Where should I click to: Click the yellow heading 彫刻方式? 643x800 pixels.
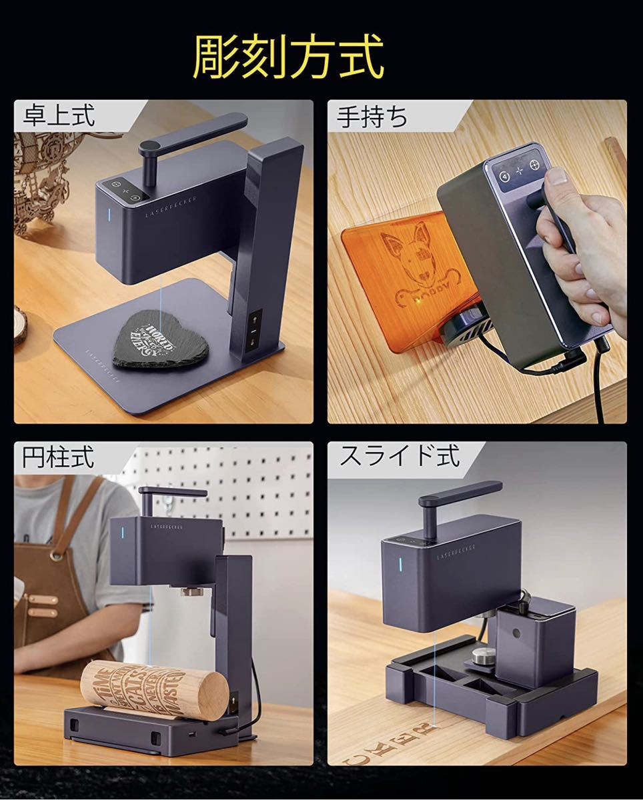[x=288, y=58]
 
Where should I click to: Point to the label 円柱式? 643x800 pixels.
[x=58, y=458]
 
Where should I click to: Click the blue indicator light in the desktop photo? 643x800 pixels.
[x=109, y=217]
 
